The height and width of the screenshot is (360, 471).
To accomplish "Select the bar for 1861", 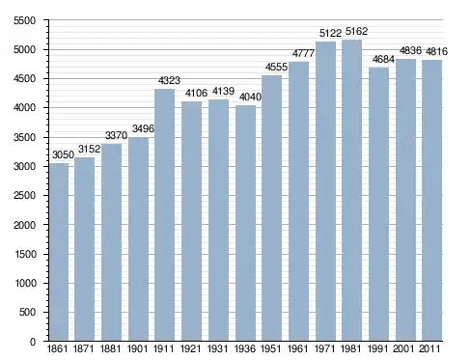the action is click(59, 252).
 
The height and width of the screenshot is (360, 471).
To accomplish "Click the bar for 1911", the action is click(164, 215).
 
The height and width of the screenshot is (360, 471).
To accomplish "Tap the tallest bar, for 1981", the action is click(351, 190).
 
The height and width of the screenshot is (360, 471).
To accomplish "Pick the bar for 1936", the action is click(245, 223).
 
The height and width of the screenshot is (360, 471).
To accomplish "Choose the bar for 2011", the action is click(432, 201).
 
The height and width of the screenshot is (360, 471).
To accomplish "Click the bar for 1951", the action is click(272, 208).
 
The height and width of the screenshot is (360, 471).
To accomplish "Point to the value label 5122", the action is click(330, 33).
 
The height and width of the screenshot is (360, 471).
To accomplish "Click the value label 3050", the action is click(63, 154).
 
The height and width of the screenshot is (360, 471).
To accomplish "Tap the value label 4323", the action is click(169, 80).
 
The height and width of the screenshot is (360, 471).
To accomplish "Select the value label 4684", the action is click(383, 59).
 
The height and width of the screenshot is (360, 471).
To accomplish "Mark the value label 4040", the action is click(250, 97).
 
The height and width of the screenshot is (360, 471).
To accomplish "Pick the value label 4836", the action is click(410, 50).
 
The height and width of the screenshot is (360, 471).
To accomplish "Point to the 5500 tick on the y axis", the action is click(24, 21).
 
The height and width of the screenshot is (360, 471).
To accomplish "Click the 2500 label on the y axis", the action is click(24, 196).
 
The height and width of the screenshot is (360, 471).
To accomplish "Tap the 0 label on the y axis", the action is click(33, 342).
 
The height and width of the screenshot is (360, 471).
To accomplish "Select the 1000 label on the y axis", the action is click(25, 283).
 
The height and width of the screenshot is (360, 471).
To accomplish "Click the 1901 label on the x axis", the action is click(137, 348).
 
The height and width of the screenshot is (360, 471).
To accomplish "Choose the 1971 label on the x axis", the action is click(324, 348).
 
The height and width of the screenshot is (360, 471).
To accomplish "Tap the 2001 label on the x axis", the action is click(403, 348).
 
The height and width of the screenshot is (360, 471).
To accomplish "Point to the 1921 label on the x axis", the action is click(190, 348).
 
